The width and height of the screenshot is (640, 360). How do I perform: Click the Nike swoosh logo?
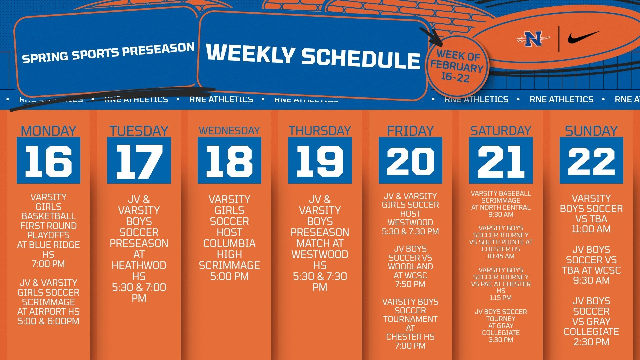[x=583, y=38]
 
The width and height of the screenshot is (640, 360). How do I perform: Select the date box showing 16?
[x=48, y=160]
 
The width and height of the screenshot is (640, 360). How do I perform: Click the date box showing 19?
[x=320, y=160]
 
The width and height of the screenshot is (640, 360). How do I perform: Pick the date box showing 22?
[x=591, y=160]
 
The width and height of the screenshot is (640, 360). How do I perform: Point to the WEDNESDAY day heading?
[x=229, y=131]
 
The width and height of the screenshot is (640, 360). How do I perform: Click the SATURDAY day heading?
[x=501, y=131]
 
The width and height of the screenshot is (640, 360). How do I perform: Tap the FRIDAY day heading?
[x=410, y=131]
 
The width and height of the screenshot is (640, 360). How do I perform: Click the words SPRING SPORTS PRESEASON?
[x=108, y=53]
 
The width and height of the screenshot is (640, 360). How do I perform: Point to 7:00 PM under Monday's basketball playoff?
[x=48, y=264]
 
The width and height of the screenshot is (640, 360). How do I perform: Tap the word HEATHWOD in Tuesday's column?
[x=139, y=265]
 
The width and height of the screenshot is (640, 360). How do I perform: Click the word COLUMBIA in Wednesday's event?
[x=229, y=243]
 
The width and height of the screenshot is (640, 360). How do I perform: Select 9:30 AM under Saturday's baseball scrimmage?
[x=501, y=214]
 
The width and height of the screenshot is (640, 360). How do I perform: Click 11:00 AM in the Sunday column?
[x=591, y=229]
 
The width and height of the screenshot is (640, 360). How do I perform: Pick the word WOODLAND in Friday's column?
[x=410, y=266]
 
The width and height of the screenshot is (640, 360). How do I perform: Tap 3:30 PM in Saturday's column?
[x=501, y=340]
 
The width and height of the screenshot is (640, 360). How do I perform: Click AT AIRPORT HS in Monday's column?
[x=48, y=312]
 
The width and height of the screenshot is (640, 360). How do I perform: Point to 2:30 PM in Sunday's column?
[x=591, y=342]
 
